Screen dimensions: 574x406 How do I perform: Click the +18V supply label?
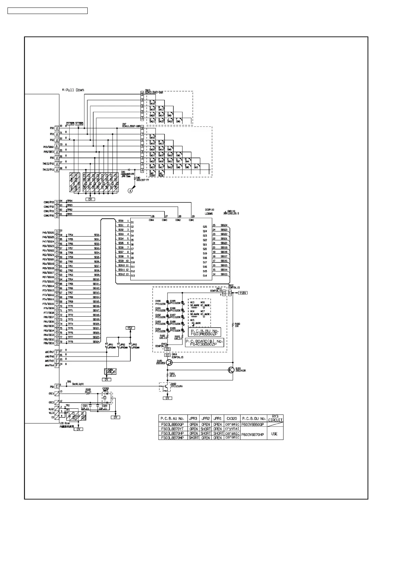(x=242, y=293)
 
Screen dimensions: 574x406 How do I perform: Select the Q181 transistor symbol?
(x=232, y=369)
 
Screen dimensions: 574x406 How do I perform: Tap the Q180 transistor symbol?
(x=170, y=363)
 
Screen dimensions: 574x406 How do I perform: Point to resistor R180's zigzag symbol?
(x=233, y=325)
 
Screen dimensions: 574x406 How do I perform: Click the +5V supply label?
(x=130, y=328)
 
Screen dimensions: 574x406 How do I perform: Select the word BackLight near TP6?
(x=78, y=384)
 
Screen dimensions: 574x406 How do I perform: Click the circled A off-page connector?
(x=130, y=191)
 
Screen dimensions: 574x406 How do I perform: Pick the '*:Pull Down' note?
(x=73, y=90)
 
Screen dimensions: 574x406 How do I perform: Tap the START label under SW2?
(x=152, y=176)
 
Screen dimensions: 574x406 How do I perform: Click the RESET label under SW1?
(x=161, y=176)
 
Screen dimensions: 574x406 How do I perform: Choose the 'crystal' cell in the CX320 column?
(x=232, y=429)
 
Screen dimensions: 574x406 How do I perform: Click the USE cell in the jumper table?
(x=274, y=434)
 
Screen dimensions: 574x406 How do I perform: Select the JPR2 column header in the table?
(x=205, y=419)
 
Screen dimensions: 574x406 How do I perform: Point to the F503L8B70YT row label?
(x=173, y=429)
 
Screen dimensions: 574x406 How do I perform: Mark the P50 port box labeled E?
(x=57, y=387)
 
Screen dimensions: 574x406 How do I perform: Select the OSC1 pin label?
(x=51, y=393)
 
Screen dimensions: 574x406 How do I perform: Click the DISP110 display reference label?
(x=209, y=210)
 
